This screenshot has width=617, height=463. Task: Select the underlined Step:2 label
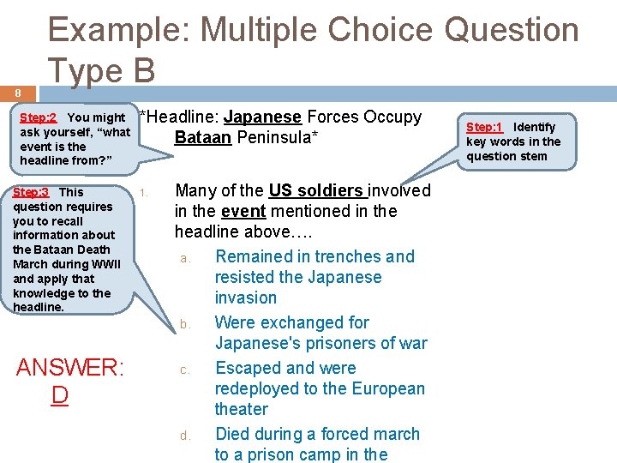click(38, 117)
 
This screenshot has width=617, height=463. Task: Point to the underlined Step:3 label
click(31, 192)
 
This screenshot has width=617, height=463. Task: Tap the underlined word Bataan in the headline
click(202, 137)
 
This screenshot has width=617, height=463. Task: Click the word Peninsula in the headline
click(278, 137)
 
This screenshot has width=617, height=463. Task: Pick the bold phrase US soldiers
click(315, 190)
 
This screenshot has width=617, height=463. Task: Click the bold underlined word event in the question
click(243, 211)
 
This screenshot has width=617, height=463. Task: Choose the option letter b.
click(184, 324)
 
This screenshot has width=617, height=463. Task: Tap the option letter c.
click(184, 370)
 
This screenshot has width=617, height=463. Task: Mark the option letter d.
click(184, 436)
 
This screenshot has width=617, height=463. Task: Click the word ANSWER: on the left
click(71, 369)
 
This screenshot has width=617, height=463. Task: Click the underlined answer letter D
click(59, 395)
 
